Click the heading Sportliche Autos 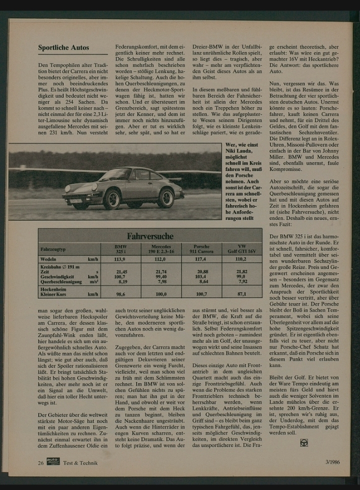click(63, 48)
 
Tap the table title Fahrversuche click(149, 235)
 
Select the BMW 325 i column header click(120, 249)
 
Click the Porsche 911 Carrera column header click(201, 249)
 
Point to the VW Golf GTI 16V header click(241, 249)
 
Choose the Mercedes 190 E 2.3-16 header click(161, 249)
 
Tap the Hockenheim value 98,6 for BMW click(120, 294)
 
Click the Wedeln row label click(48, 259)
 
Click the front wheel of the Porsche click(111, 199)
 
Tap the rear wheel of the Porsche click(165, 197)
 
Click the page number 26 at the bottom click(40, 462)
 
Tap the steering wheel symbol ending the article click(304, 442)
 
